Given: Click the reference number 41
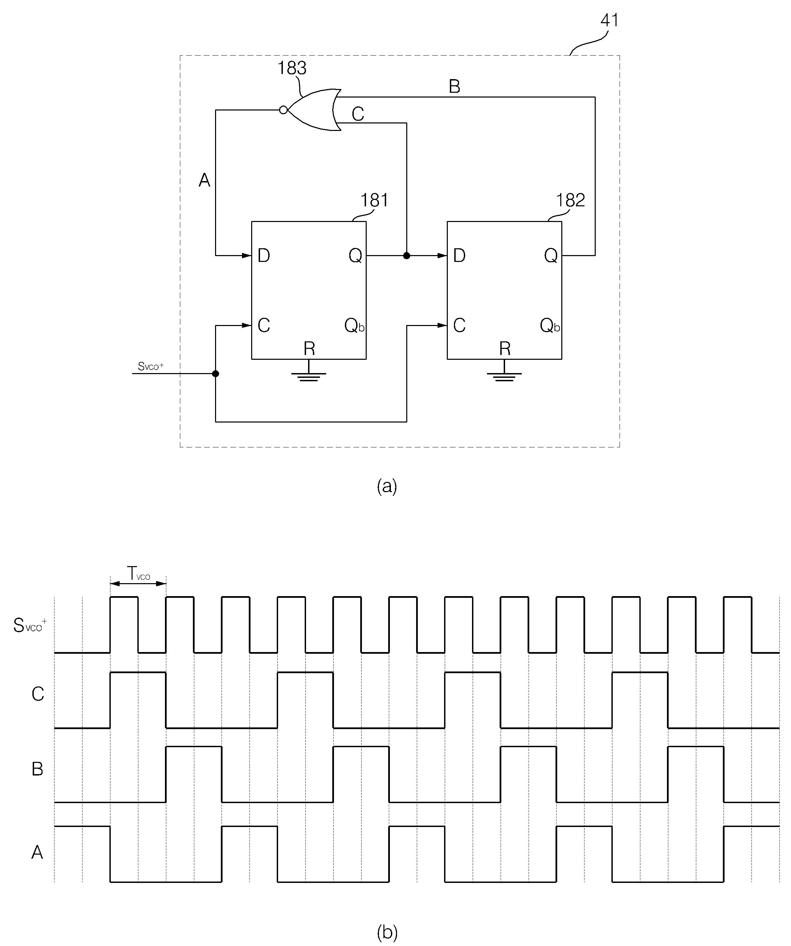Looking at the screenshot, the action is [610, 20].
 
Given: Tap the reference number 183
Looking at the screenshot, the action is [292, 68].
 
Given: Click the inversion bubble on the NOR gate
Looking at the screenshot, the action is [283, 110].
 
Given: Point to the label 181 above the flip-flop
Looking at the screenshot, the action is [374, 200].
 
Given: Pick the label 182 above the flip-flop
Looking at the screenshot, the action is [571, 200].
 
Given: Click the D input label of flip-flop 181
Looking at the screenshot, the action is [264, 256].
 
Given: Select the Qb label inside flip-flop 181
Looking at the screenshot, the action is [354, 325].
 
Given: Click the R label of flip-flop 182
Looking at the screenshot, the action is [505, 349].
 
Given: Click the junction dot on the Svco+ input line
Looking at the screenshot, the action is [216, 373].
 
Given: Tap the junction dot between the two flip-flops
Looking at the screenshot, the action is [407, 256].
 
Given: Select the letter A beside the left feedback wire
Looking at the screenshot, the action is [204, 180].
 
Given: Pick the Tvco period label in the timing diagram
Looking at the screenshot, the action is [138, 574].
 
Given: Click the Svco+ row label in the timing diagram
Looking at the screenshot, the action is [30, 625].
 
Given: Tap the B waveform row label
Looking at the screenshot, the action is [37, 769].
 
